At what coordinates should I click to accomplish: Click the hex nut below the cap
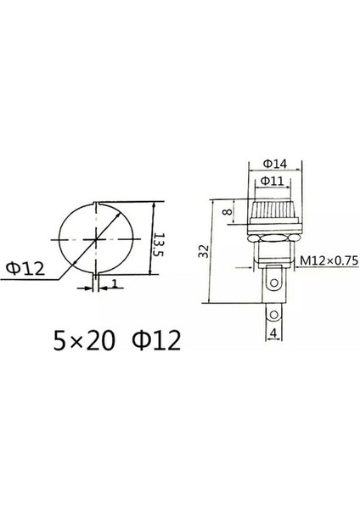[273, 238]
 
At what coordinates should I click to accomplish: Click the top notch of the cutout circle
[99, 204]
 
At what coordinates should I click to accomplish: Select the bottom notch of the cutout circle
[99, 277]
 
